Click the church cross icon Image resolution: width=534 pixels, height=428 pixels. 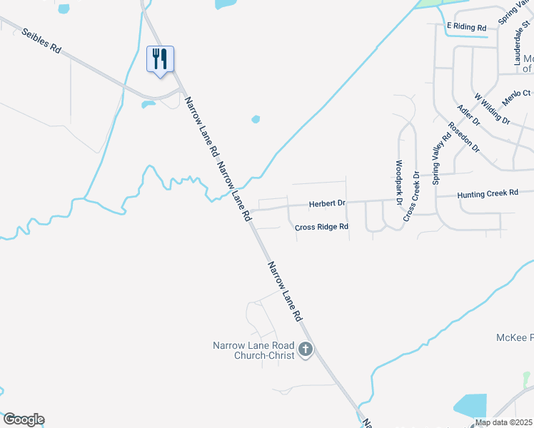(x=306, y=350)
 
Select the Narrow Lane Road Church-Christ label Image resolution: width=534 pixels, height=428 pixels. (x=253, y=350)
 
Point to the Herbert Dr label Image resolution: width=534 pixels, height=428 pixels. (x=327, y=204)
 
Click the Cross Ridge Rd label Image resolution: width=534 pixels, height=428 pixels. (x=321, y=227)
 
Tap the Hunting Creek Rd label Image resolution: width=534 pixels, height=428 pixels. (x=487, y=193)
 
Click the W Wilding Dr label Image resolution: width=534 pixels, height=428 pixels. (x=491, y=106)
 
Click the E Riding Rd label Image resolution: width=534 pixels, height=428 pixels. (x=466, y=27)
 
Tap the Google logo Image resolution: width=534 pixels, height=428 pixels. (x=23, y=419)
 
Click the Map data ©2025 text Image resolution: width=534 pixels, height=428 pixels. (x=503, y=422)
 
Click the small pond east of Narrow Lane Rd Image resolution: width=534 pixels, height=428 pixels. (x=256, y=119)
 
